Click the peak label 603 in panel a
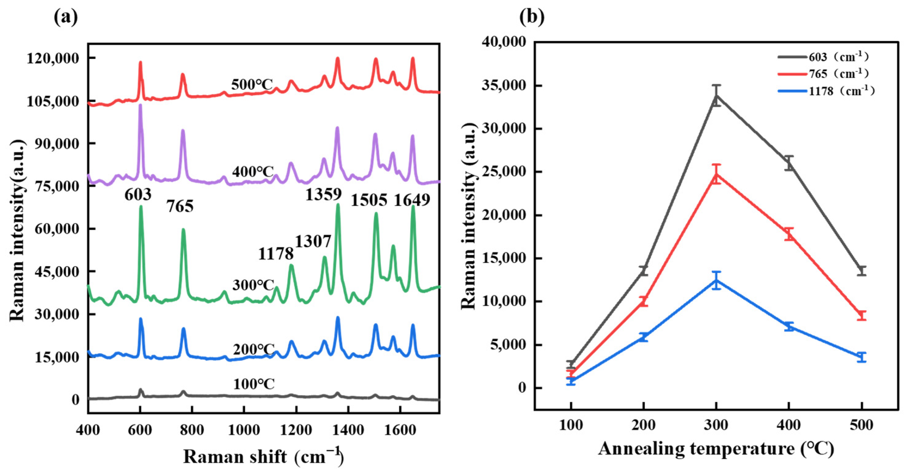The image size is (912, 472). click(138, 195)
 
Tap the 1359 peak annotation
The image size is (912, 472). click(324, 194)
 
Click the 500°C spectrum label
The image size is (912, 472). click(252, 85)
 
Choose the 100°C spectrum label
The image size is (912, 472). click(254, 384)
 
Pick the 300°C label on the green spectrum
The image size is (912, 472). click(253, 285)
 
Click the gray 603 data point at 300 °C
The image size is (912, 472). click(716, 95)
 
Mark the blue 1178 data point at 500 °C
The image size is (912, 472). click(861, 357)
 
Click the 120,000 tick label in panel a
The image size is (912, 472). click(53, 58)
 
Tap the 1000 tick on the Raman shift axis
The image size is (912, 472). click(244, 430)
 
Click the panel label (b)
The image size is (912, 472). click(531, 17)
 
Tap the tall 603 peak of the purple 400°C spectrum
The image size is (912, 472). click(140, 106)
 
